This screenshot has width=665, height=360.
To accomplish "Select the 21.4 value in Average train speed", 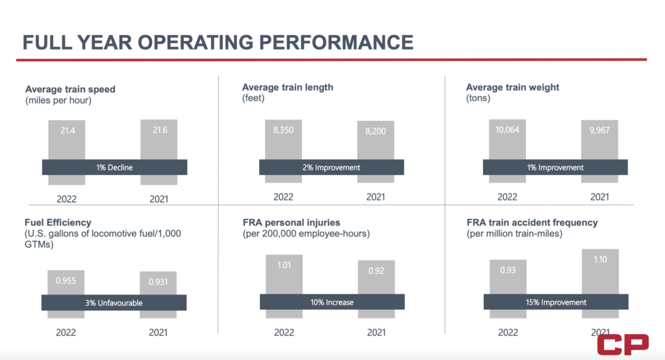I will pos(66,131).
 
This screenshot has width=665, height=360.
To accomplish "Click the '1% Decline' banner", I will pos(114,167).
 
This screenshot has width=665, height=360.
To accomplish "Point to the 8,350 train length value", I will pos(283,131).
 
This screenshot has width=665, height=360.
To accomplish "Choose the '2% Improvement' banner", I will pos(331,167).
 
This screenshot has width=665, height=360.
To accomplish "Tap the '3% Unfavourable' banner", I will pos(114,302).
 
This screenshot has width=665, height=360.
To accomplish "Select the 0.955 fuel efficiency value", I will pos(66,281).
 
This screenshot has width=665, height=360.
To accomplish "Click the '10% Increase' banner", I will pos(331,302).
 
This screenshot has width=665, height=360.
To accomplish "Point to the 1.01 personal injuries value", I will pos(283,265).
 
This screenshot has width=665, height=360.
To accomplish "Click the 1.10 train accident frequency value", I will pos(599,259).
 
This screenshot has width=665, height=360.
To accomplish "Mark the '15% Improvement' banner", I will pos(555,302).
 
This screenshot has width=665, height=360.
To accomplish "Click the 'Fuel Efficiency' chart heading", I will pos(58,222).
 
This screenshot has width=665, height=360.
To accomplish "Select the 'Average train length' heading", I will pos(287,87).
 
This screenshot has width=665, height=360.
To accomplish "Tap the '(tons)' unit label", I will pos(478,99).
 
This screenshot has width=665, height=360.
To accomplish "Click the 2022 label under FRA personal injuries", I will pos(284,333).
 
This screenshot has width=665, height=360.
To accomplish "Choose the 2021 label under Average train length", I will pos(375,197).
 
